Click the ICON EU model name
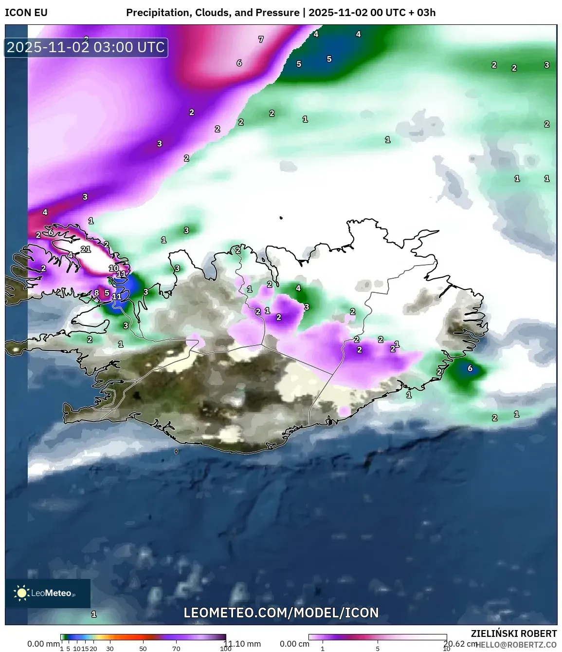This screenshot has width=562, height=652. (26, 13)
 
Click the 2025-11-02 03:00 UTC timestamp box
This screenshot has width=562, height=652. (86, 48)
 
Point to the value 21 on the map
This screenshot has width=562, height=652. (86, 249)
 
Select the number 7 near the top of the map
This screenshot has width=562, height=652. (261, 39)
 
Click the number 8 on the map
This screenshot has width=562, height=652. (96, 293)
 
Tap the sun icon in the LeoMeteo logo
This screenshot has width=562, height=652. (21, 593)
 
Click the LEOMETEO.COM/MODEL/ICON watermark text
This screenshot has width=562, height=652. (281, 613)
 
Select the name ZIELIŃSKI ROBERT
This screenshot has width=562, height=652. (513, 633)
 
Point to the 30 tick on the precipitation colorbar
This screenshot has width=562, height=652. (110, 649)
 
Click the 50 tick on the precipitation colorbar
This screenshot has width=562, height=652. (143, 649)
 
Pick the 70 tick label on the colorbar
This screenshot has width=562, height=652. (176, 649)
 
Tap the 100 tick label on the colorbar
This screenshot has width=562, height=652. (225, 649)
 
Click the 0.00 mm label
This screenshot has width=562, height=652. (43, 644)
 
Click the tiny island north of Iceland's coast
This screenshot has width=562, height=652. (281, 218)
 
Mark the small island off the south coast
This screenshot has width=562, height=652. (176, 451)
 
